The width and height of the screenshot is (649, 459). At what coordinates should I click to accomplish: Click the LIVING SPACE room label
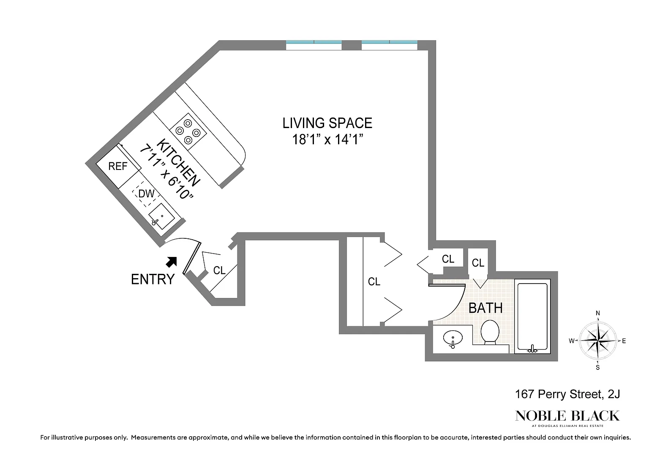tap(327, 123)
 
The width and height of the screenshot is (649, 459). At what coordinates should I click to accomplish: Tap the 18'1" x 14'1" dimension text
tap(327, 139)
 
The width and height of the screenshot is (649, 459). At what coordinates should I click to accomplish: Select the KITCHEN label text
tap(178, 163)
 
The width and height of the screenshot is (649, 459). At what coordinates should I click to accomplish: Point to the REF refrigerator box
tap(118, 167)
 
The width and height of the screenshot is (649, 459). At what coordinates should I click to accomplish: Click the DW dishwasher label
tap(146, 194)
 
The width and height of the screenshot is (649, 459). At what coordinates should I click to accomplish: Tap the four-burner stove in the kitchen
tap(188, 131)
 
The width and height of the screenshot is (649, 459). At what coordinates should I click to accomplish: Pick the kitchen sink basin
tap(162, 216)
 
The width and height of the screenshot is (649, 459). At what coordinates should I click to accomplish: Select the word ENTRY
tap(153, 279)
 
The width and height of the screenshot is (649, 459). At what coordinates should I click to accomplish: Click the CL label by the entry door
tap(219, 270)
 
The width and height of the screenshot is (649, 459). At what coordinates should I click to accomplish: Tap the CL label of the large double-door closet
tap(374, 281)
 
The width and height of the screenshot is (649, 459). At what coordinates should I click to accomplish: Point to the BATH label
tap(485, 308)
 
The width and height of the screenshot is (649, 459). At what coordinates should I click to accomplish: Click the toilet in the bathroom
tap(490, 332)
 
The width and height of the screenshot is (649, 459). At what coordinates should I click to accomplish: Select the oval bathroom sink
tap(453, 338)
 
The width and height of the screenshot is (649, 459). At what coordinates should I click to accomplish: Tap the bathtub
tap(532, 317)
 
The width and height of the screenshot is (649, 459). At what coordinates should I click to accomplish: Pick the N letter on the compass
tap(598, 313)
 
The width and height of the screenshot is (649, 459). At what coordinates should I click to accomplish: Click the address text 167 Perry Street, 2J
tap(567, 394)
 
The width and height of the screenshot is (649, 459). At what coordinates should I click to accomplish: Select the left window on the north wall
tap(314, 45)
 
